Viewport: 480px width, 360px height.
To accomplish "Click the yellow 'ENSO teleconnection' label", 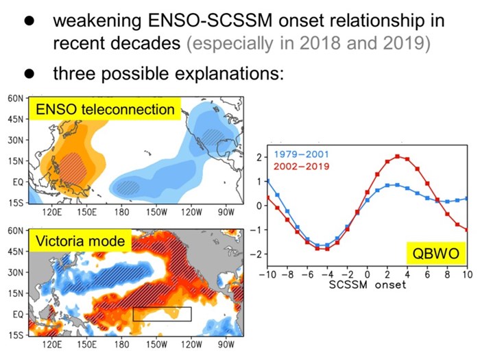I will (102, 110).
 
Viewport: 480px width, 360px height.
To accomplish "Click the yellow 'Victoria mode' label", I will (80, 241).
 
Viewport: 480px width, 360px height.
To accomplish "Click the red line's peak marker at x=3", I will (397, 156).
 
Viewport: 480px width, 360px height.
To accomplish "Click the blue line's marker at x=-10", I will (267, 181).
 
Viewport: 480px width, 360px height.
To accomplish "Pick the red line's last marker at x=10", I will (467, 230).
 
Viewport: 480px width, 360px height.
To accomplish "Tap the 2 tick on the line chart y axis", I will (259, 157).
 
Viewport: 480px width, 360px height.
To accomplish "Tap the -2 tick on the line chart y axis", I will (256, 254).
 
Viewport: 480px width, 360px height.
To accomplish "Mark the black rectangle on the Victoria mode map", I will (162, 314).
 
